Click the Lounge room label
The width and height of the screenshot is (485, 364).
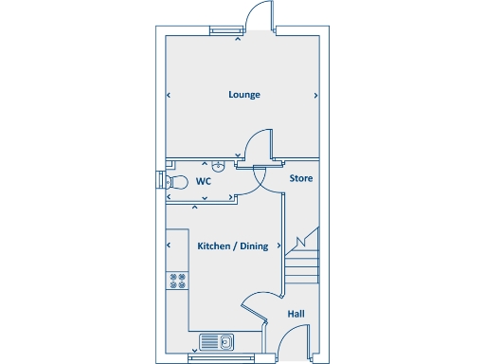tap(244, 95)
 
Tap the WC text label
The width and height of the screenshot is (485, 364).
tap(203, 180)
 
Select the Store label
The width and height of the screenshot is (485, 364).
tap(300, 177)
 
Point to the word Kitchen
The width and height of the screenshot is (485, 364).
tap(215, 246)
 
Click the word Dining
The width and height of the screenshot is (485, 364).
tap(254, 246)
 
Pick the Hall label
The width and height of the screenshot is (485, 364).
tap(296, 314)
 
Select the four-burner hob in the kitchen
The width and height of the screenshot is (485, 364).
tap(176, 280)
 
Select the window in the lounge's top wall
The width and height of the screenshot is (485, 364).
tap(225, 30)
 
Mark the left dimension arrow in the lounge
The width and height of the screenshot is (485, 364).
tap(169, 95)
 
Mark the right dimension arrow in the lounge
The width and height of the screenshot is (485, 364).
tap(314, 95)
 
